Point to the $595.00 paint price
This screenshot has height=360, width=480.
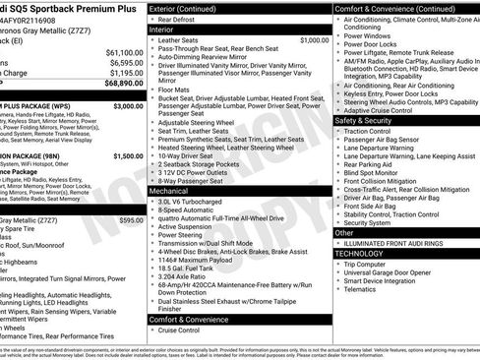[131, 221]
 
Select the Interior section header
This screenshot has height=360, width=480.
[161, 30]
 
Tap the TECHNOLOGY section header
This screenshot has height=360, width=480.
[360, 253]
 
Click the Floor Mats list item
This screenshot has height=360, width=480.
[175, 89]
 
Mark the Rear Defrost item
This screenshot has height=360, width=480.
[176, 19]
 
